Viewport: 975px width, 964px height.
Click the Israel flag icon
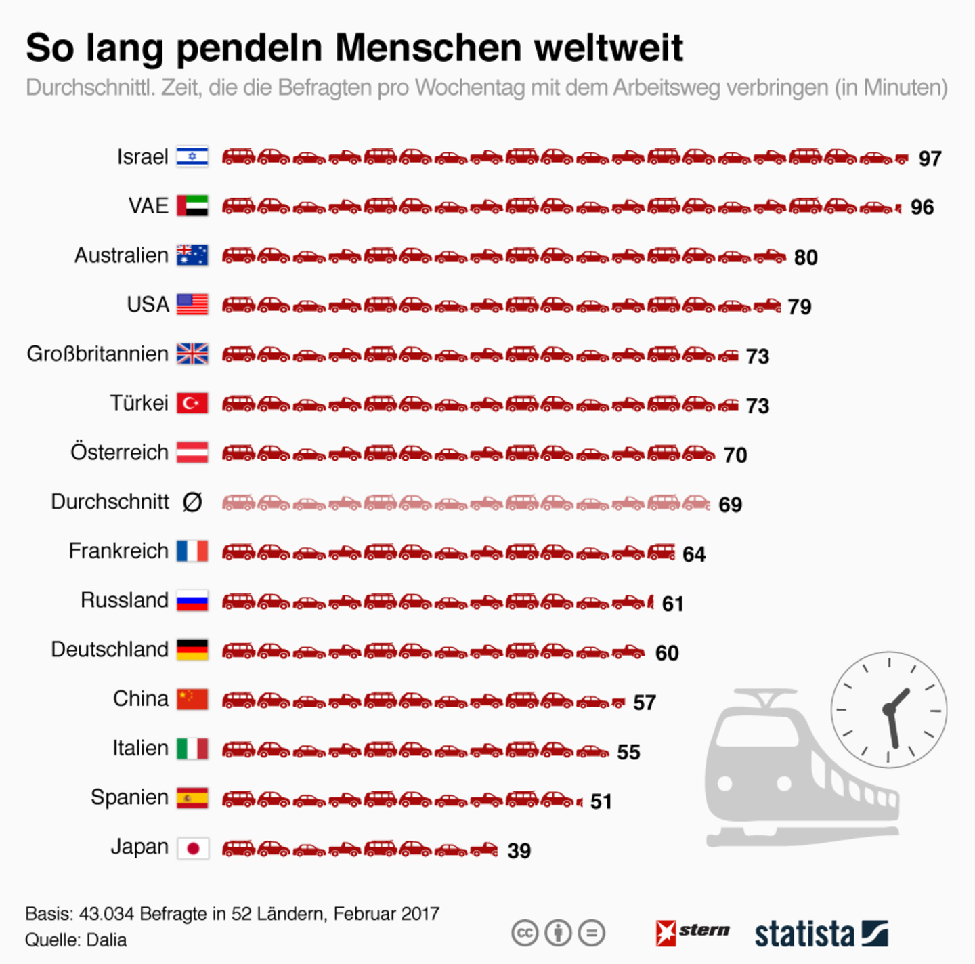coord(192,156)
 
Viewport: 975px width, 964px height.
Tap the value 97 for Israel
coord(930,159)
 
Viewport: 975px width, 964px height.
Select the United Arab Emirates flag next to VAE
coord(192,206)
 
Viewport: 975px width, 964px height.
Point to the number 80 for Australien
coord(806,257)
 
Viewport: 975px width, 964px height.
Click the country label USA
coord(148,305)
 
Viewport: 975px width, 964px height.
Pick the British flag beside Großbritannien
coord(192,354)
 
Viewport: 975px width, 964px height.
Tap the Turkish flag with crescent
coord(192,403)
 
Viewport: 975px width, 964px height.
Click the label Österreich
coord(119,453)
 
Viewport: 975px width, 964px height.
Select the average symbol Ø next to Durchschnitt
coord(192,502)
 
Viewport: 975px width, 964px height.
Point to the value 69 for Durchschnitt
coord(730,505)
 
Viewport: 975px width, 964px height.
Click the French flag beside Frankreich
coord(192,551)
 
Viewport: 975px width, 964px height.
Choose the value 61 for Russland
coord(672,604)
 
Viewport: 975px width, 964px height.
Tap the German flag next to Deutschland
coord(192,650)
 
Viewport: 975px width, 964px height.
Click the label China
coord(140,698)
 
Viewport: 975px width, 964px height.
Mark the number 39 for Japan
coord(519,851)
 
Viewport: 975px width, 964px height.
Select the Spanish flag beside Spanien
coord(192,798)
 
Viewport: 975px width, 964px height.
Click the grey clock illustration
coord(888,710)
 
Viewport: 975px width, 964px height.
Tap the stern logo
coord(693,932)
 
